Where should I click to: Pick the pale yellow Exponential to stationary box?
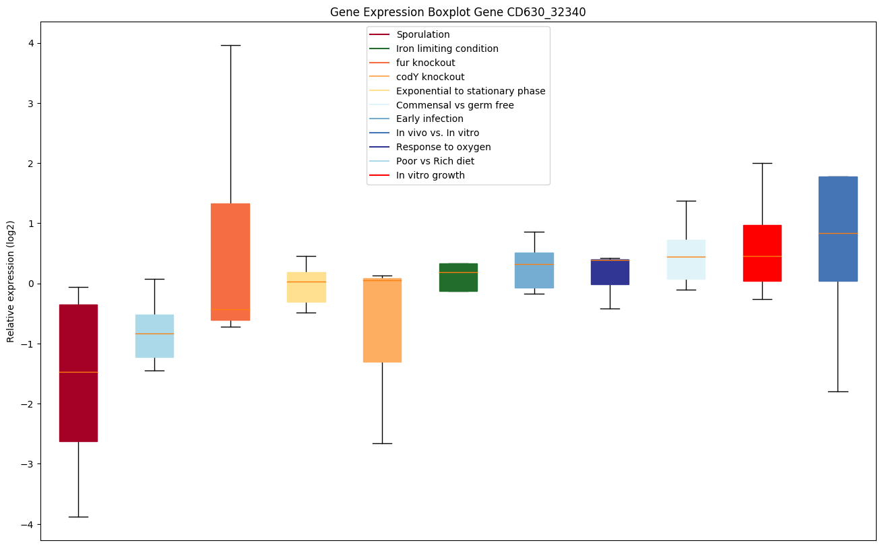pyautogui.click(x=306, y=287)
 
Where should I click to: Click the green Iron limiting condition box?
pyautogui.click(x=458, y=277)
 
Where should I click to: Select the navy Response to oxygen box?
pyautogui.click(x=610, y=272)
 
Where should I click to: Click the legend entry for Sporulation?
pyautogui.click(x=422, y=34)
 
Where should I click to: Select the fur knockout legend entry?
pyautogui.click(x=425, y=63)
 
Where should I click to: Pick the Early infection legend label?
pyautogui.click(x=429, y=119)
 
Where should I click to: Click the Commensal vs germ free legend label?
pyautogui.click(x=455, y=105)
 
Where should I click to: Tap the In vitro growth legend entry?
pyautogui.click(x=430, y=175)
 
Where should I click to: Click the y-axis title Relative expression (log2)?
pyautogui.click(x=11, y=281)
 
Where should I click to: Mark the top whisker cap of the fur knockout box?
pyautogui.click(x=230, y=45)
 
